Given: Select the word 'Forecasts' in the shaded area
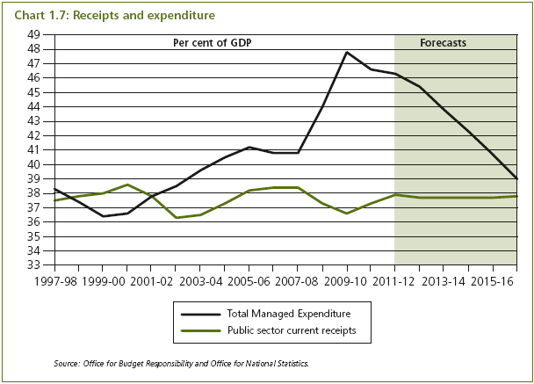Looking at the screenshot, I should point(443,42).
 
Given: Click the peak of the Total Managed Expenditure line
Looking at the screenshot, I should point(347,52).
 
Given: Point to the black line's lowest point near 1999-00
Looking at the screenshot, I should point(103,216).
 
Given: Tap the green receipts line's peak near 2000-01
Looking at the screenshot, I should point(127,185).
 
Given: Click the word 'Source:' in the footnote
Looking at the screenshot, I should point(68,362).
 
